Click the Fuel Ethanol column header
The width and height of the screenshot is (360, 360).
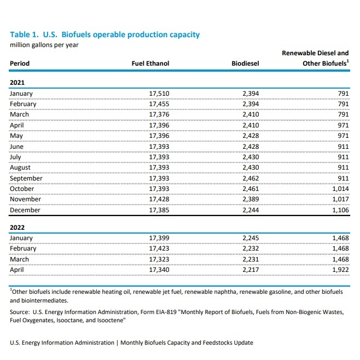pos(150,64)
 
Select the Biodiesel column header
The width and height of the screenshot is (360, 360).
pos(246,64)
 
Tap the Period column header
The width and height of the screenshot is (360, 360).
pos(20,64)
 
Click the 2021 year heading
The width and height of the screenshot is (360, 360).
pos(18,83)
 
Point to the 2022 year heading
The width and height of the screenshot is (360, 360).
pos(18,227)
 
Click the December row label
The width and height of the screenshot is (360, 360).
pos(25,210)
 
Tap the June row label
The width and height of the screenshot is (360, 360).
pos(18,147)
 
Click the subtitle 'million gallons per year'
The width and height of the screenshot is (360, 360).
pos(44,45)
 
